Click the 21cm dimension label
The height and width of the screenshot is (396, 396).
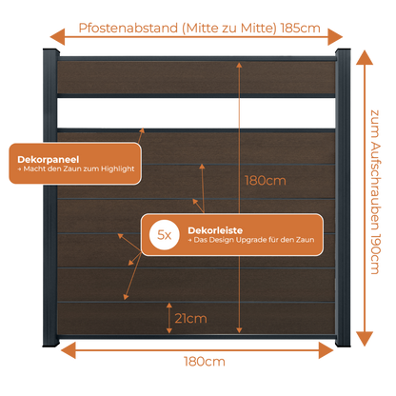pos(190,318)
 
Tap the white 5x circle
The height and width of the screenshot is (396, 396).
pos(165,235)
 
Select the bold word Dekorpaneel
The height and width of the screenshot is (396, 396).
pos(49,159)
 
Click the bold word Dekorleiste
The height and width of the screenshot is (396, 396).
pos(215,230)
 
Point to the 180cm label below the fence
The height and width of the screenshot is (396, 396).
pos(205,362)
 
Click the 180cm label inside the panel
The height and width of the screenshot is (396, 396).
pos(266,181)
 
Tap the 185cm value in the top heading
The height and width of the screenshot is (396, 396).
pos(301,28)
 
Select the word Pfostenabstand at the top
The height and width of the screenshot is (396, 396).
pos(129,28)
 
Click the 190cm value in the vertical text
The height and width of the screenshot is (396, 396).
pos(375,254)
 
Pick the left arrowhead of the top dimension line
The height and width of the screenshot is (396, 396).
pos(57,37)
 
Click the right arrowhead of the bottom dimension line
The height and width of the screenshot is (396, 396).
pos(327,350)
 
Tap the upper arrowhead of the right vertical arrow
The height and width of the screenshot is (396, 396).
pos(365,58)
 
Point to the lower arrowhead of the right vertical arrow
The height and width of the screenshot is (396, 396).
pos(365,339)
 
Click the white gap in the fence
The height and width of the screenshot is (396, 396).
pos(196,112)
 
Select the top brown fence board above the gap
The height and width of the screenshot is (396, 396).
pos(196,77)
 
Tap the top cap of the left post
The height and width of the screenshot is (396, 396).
pos(50,51)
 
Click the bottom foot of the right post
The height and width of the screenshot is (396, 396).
pos(343,343)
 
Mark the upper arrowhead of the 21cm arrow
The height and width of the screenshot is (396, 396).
pos(169,306)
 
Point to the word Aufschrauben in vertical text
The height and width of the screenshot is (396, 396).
pos(375,186)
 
